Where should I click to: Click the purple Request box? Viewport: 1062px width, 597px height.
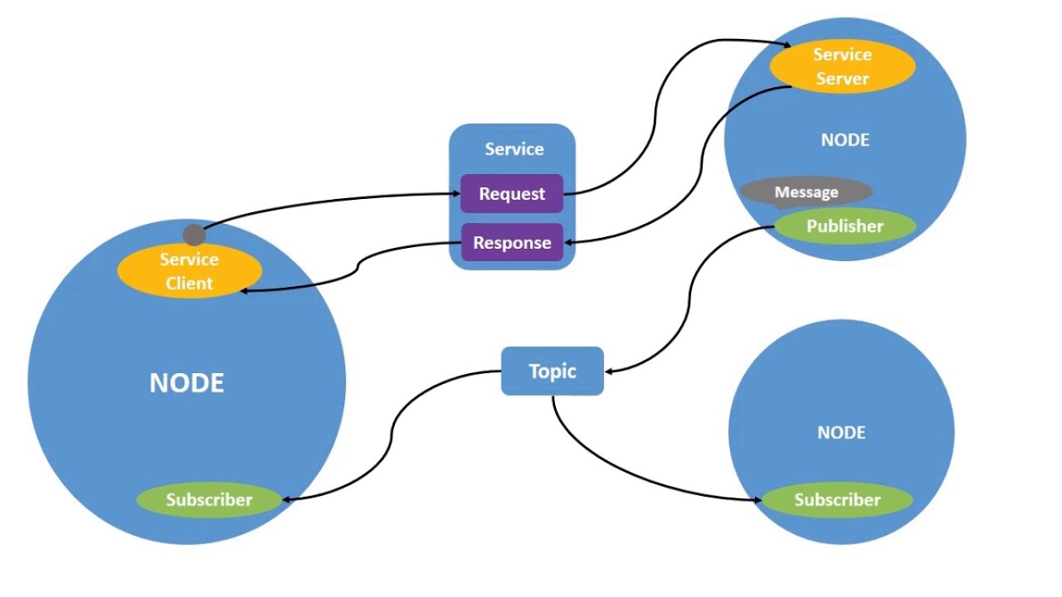(512, 194)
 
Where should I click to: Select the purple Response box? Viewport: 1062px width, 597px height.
(512, 243)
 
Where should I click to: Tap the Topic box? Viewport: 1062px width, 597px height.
(553, 371)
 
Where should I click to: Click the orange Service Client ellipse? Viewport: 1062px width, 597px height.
(189, 271)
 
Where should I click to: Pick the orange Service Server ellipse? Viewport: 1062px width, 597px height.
(842, 66)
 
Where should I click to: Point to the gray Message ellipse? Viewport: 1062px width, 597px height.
(806, 192)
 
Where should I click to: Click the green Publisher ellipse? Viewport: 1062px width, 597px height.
(845, 226)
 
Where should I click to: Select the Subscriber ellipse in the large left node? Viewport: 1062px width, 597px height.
(209, 500)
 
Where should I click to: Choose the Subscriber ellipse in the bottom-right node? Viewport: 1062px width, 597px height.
(837, 500)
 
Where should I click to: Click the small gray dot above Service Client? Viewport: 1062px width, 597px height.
(194, 235)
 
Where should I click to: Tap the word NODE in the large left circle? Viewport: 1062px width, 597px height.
(187, 383)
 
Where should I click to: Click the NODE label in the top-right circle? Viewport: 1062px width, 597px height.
(845, 140)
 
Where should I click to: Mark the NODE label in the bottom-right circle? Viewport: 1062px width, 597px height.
(841, 433)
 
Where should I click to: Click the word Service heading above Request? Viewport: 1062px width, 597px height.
(514, 149)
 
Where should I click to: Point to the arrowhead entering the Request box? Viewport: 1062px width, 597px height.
(455, 194)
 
